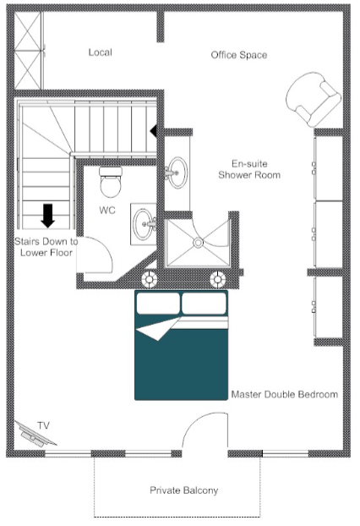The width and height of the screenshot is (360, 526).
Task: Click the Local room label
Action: pos(100,52)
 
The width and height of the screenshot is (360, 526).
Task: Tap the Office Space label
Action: pos(239,55)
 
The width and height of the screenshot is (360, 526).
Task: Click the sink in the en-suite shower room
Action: pos(177,173)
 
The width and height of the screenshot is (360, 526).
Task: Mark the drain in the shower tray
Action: pos(199,243)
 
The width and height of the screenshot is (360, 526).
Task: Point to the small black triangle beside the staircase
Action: pos(154,131)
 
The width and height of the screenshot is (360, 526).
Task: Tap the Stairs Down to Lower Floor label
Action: pos(46,246)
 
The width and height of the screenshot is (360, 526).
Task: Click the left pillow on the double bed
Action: pos(158,302)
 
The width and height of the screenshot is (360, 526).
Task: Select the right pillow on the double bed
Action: pos(204,302)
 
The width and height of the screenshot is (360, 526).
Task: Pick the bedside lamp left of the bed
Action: pos(150,278)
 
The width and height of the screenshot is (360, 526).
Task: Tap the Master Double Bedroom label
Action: pos(284,394)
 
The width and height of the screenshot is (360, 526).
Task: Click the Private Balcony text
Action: pos(183,490)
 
